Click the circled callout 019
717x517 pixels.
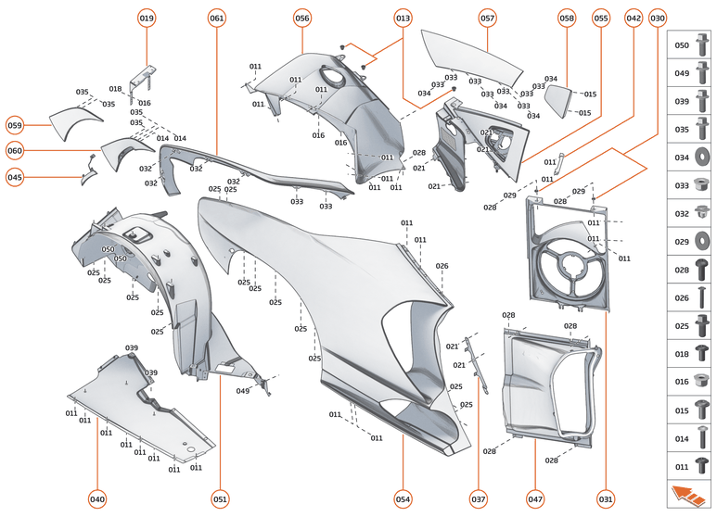(147, 18)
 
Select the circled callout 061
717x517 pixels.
(217, 18)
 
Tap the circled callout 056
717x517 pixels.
(302, 18)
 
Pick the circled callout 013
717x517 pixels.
(403, 18)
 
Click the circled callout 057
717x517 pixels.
(488, 18)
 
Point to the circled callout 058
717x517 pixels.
(567, 18)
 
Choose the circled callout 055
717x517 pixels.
(601, 18)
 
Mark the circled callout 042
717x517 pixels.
(634, 18)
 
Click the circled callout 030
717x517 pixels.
(658, 18)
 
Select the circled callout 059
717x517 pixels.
(15, 125)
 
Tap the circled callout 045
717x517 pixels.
(15, 177)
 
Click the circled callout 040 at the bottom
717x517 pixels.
(97, 499)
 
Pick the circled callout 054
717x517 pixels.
(403, 499)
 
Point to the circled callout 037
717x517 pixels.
(478, 499)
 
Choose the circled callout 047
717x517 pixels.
(536, 499)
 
